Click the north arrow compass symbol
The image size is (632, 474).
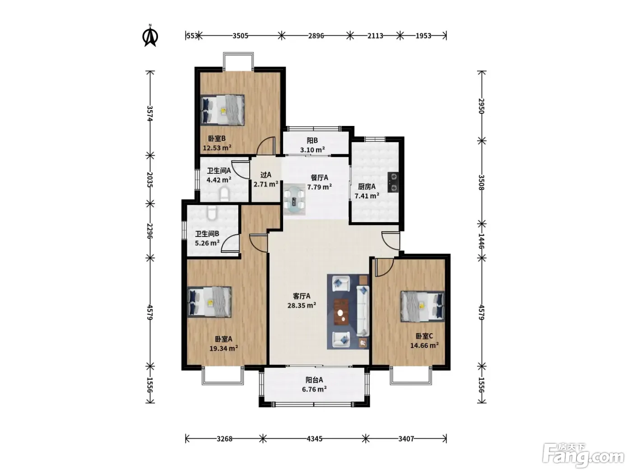(x=150, y=35)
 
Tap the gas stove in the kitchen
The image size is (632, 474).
(x=393, y=182)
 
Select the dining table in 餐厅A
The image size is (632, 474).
(x=294, y=199)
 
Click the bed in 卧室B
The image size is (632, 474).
(x=223, y=110)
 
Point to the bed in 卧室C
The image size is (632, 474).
(x=423, y=306)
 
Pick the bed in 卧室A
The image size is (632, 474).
(x=209, y=302)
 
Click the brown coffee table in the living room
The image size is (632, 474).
(x=341, y=311)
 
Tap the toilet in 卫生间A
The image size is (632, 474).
(x=224, y=195)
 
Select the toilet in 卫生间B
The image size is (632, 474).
(x=211, y=212)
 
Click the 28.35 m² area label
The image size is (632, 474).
(x=302, y=305)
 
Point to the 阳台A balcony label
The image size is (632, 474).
(x=314, y=380)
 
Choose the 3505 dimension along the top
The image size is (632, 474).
(x=240, y=36)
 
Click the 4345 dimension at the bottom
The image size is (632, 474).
(x=314, y=439)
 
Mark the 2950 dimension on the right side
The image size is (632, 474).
(x=481, y=106)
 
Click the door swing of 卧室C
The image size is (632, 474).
(x=384, y=267)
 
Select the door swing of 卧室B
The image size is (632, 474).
(x=266, y=146)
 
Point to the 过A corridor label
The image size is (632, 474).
(x=266, y=175)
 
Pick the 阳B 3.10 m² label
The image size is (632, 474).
(x=312, y=145)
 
